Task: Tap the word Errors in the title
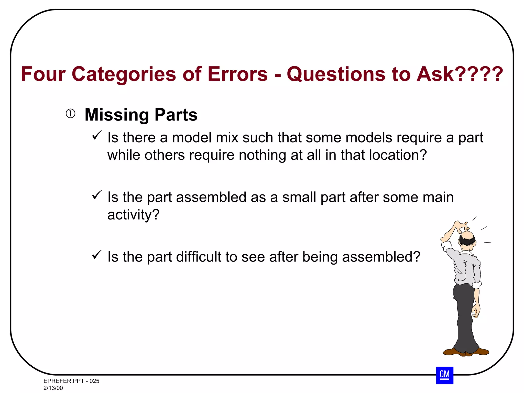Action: click(x=238, y=74)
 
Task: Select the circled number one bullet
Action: click(x=71, y=114)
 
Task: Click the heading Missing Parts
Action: click(x=141, y=115)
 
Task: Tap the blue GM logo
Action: click(x=445, y=375)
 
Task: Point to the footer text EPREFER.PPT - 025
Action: click(x=71, y=381)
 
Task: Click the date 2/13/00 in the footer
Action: click(x=53, y=388)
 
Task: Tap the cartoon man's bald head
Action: click(x=468, y=235)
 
